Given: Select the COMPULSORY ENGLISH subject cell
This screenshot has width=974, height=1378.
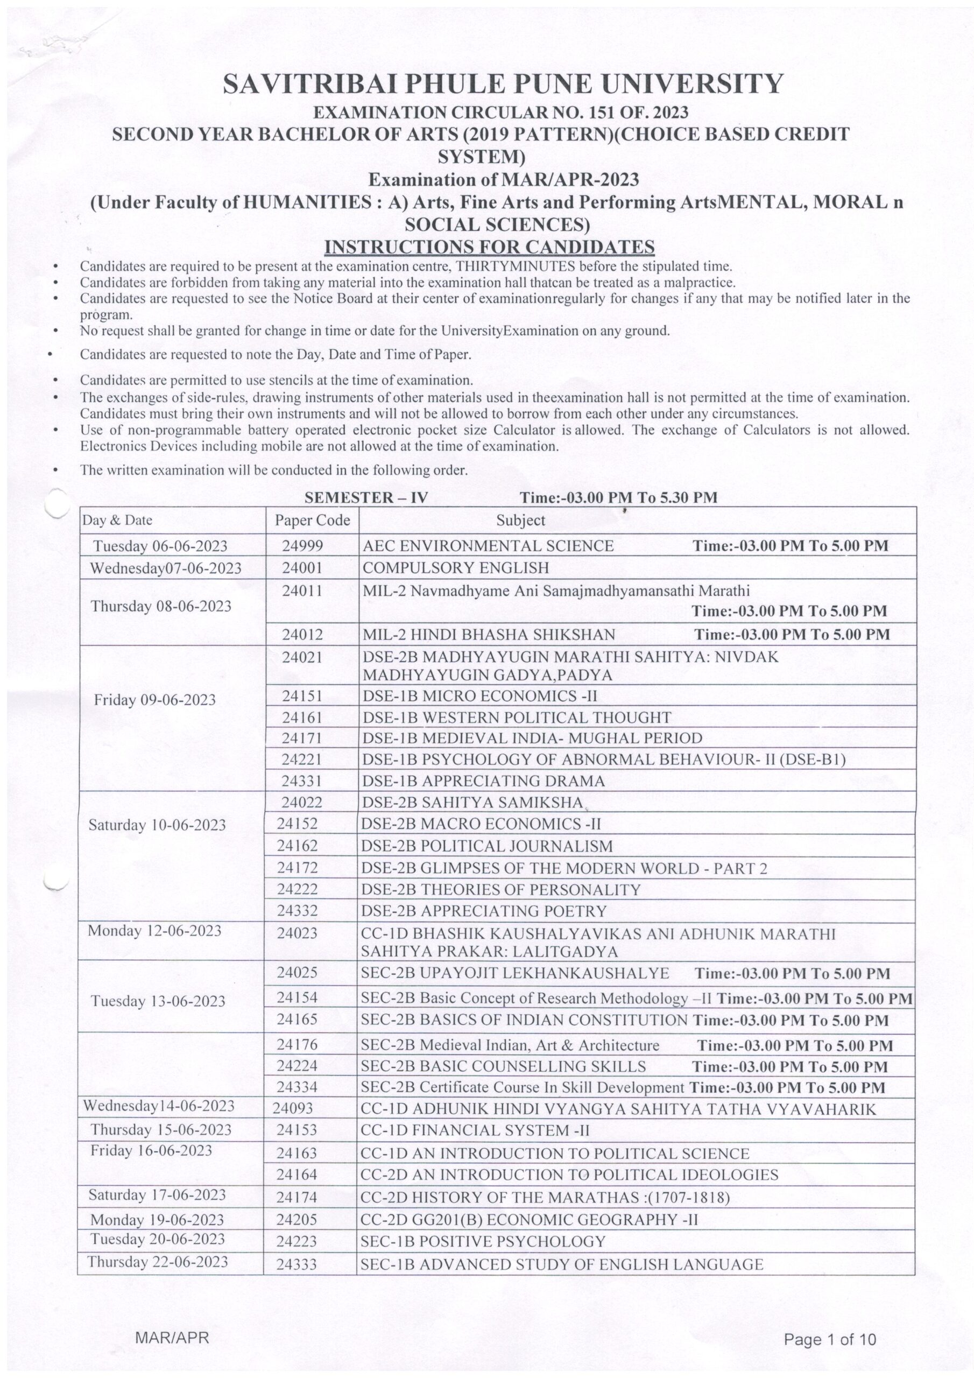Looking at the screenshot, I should click(455, 567).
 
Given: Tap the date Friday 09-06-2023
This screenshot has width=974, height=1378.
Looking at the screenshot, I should click(154, 700).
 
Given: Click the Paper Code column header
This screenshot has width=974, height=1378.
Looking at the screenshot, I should click(312, 520).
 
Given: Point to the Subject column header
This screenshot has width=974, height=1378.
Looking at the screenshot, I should click(520, 521).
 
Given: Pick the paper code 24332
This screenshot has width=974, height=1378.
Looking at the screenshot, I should click(298, 911).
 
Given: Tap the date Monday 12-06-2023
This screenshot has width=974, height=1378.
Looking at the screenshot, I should click(154, 931).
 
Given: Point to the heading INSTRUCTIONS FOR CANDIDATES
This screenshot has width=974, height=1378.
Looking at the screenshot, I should click(489, 247).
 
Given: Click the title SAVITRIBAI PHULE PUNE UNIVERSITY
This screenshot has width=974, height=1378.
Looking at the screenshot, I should click(503, 84).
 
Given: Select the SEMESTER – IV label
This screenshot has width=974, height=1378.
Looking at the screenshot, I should click(365, 497).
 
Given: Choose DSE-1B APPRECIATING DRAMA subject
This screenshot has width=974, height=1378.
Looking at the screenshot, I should click(484, 781).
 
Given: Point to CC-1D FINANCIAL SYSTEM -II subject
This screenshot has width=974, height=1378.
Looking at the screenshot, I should click(475, 1131).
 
